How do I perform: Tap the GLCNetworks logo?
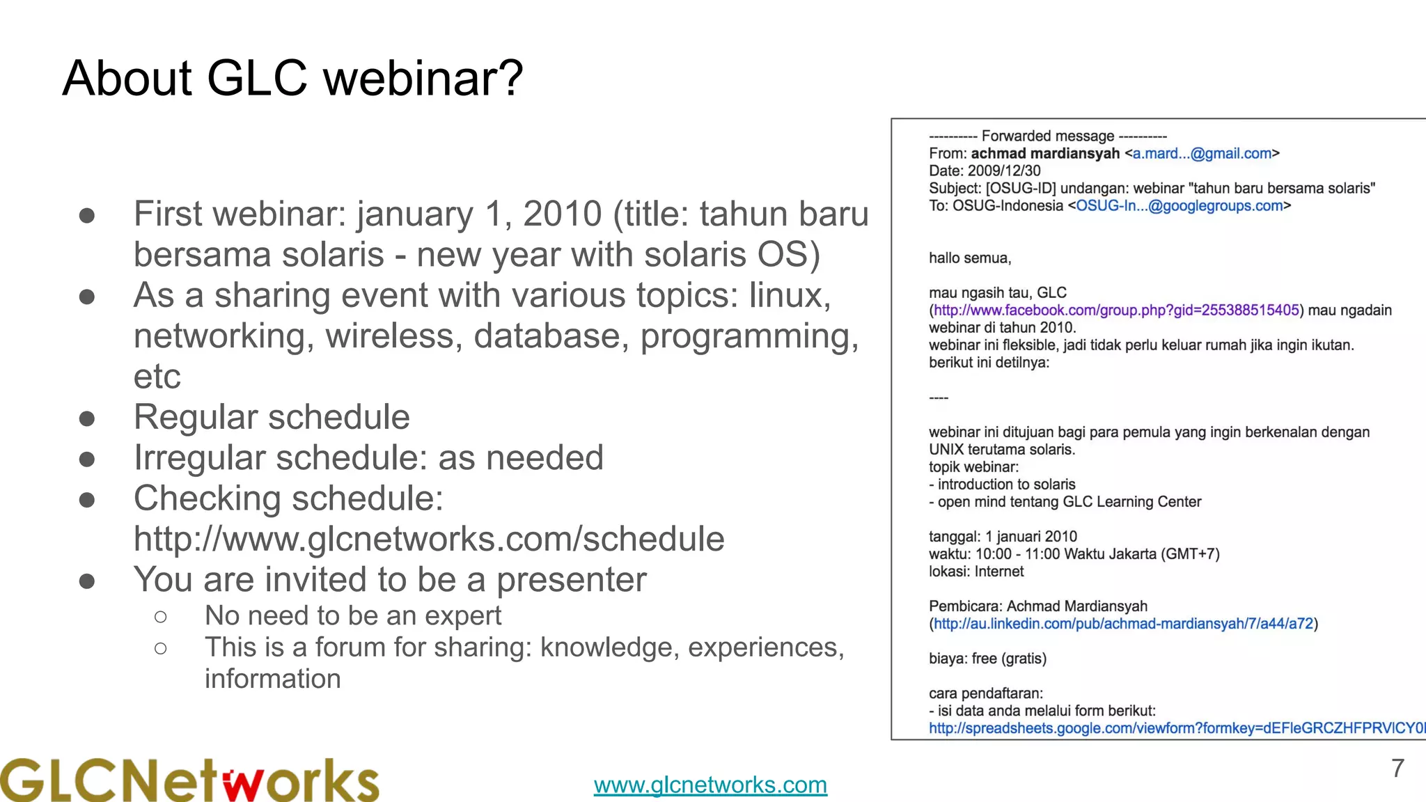189,780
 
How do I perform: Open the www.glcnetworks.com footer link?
710,785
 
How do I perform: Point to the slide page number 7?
1397,769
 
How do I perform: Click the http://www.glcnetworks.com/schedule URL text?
429,540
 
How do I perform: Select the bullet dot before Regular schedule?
87,418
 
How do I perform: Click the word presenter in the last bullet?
571,580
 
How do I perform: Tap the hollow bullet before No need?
161,617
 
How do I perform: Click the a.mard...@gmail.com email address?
1202,154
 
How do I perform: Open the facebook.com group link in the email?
1116,310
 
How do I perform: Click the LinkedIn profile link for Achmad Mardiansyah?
1123,624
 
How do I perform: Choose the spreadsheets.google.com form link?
1177,728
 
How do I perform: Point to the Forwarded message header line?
1048,136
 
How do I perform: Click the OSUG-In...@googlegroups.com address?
1180,206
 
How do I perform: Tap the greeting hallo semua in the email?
970,258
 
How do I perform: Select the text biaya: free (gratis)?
987,659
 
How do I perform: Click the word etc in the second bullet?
157,377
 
